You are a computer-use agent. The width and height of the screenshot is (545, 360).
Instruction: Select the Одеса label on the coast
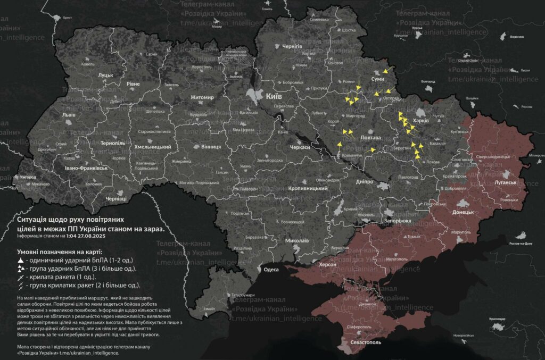click(271, 270)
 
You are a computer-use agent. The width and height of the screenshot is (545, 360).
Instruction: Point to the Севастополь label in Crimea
click(366, 342)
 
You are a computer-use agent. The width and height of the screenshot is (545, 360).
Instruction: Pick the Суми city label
click(377, 79)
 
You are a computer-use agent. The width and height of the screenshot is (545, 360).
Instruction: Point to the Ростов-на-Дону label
click(521, 243)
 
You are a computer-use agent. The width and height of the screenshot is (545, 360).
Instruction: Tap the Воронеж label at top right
click(517, 37)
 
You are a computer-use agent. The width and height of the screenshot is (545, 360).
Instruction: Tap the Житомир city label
click(202, 97)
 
